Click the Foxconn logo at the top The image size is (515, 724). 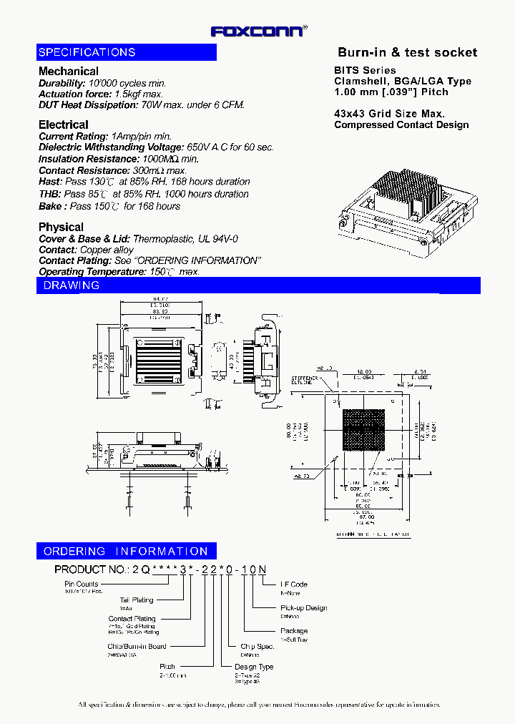[258, 31]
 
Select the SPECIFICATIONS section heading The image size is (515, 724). [87, 52]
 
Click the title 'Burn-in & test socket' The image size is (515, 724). [407, 52]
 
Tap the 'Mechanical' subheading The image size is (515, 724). [69, 72]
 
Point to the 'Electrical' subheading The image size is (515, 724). [64, 124]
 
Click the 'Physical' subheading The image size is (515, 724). [61, 227]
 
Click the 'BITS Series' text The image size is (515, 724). [365, 70]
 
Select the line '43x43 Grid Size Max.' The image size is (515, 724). [389, 114]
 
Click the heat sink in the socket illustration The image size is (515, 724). [403, 192]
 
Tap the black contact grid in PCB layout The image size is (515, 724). [366, 432]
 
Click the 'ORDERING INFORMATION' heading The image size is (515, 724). [126, 552]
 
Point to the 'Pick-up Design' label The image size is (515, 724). [303, 607]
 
